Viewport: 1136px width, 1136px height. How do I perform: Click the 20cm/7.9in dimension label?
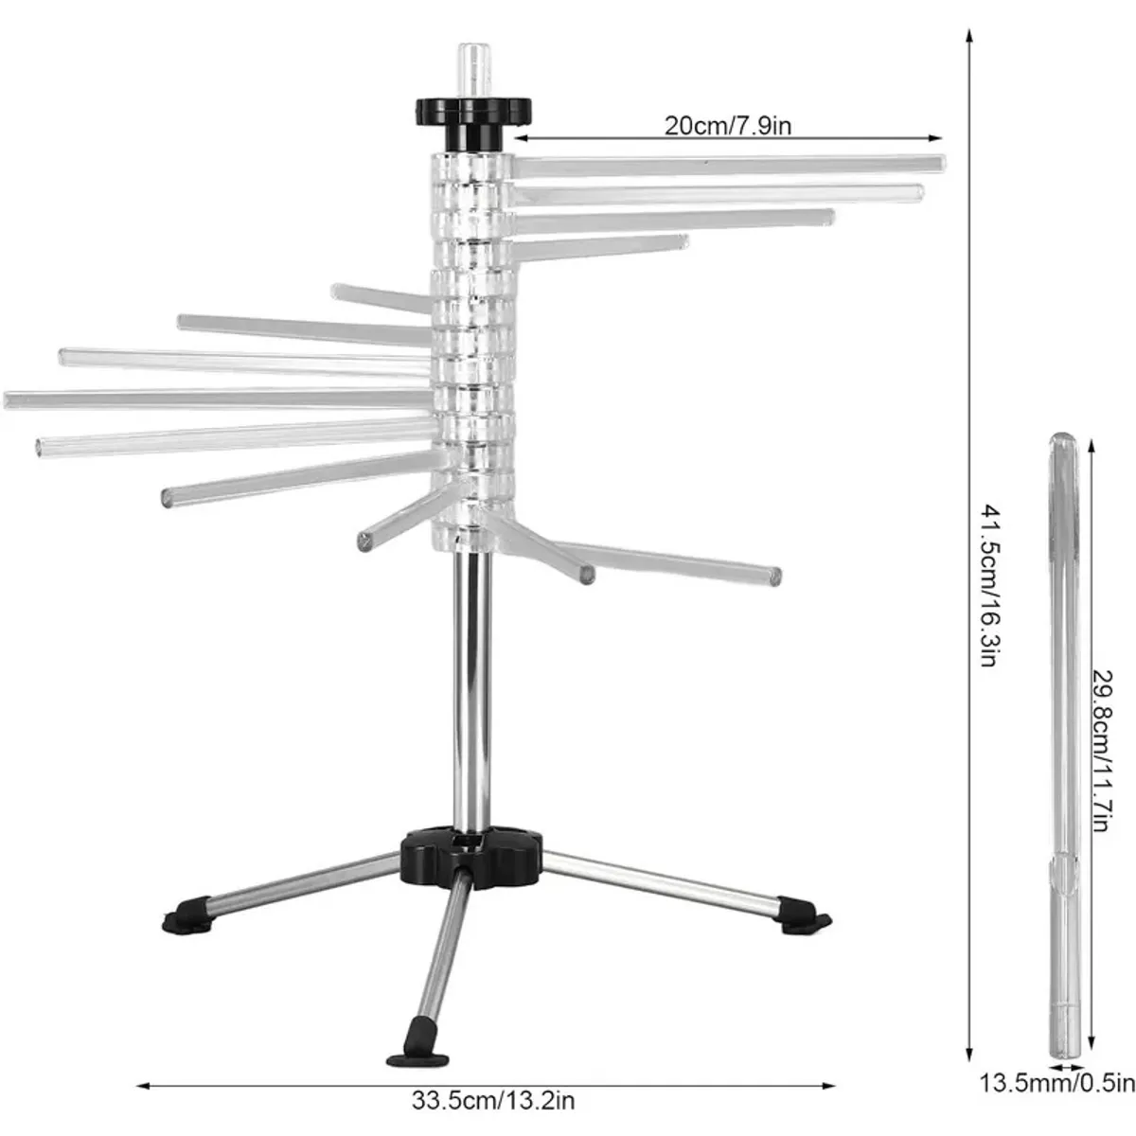tap(727, 126)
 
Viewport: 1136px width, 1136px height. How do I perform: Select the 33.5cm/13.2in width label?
tap(493, 1100)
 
